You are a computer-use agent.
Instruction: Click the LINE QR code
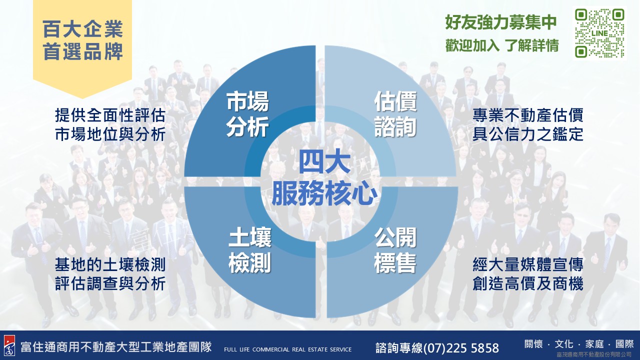point(599,33)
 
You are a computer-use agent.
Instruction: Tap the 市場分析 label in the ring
point(247,114)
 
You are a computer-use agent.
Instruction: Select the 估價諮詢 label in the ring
point(395,114)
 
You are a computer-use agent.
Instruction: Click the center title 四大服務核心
point(324,179)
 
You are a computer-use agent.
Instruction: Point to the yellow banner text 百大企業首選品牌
point(82,40)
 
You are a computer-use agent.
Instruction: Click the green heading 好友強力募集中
point(501,22)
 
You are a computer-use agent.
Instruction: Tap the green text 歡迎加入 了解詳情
point(502,45)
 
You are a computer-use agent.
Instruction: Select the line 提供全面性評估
point(110,115)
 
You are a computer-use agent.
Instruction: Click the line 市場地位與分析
point(110,134)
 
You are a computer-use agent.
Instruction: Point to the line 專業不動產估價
point(528,115)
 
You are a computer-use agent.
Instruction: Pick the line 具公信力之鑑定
point(528,134)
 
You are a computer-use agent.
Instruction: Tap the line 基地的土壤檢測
point(110,264)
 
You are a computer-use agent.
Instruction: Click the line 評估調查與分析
point(110,284)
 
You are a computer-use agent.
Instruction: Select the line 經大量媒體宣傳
point(528,264)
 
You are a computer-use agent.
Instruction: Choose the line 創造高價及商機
point(528,284)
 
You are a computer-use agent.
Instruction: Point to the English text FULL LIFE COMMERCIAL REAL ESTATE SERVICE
point(287,349)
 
